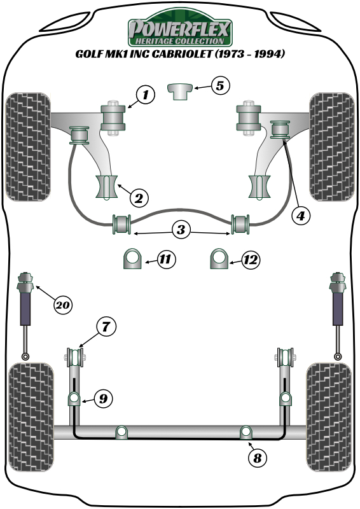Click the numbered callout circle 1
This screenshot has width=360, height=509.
coord(146,95)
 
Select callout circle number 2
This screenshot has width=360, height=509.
coord(139,198)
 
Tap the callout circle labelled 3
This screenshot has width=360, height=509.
coord(181,230)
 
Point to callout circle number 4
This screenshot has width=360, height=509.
coord(301,215)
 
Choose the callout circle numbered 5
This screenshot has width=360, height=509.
coord(220,86)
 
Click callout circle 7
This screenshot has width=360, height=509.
coord(106,326)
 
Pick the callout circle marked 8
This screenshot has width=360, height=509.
coord(258,458)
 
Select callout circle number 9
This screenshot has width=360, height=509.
coord(103,398)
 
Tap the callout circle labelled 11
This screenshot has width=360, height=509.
coord(166,259)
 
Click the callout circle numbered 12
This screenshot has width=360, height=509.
coord(251,260)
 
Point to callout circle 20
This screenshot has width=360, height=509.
coord(63,305)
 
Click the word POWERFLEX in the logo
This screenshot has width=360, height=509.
coord(180,29)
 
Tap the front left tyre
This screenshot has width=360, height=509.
coord(28,147)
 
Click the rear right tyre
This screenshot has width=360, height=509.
coord(329,417)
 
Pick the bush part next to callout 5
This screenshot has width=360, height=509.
coord(180,92)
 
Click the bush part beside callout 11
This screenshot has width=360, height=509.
coord(132,259)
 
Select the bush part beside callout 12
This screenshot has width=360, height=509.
coord(219,259)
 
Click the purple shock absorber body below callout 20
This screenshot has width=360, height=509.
coord(25,309)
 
